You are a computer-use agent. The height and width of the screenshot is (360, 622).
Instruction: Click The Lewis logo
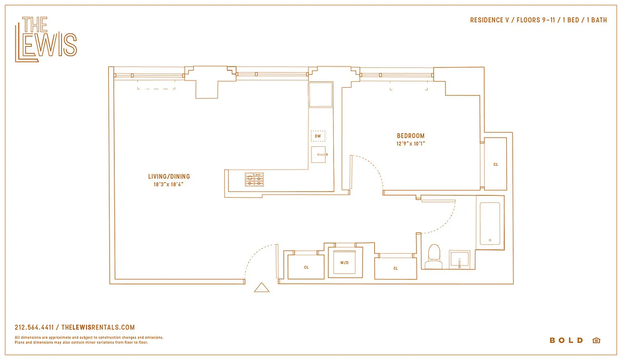(x=46, y=39)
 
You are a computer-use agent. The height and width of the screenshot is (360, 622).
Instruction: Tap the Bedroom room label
(x=410, y=136)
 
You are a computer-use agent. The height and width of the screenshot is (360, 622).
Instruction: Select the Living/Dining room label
(x=169, y=176)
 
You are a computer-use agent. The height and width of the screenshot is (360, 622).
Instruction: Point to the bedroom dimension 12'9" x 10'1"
(x=410, y=144)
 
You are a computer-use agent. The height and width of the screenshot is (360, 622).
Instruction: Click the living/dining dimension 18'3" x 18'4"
(x=169, y=184)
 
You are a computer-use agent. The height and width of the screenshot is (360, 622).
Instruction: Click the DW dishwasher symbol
(x=318, y=136)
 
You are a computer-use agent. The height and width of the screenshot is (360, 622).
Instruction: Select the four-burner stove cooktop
(x=254, y=180)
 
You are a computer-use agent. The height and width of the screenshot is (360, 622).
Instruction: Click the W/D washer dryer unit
(x=345, y=262)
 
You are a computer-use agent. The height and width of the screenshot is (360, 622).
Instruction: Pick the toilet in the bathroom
(x=434, y=255)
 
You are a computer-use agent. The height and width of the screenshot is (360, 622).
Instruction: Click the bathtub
(x=490, y=224)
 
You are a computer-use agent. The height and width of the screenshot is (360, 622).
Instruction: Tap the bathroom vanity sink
(x=459, y=260)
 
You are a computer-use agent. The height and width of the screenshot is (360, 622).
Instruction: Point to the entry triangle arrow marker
(x=261, y=288)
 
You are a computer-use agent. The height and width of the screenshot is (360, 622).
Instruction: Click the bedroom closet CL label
(x=496, y=164)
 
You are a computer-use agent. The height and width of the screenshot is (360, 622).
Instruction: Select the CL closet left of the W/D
(x=306, y=267)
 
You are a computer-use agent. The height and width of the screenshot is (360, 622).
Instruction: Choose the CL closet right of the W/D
(x=395, y=268)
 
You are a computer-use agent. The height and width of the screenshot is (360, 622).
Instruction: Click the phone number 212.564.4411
(x=34, y=328)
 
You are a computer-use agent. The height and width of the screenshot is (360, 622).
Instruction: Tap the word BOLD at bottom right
(x=566, y=341)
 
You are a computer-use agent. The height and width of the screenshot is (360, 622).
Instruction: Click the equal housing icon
(x=596, y=341)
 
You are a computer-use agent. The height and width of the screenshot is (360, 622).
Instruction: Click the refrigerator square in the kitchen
(x=320, y=94)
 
